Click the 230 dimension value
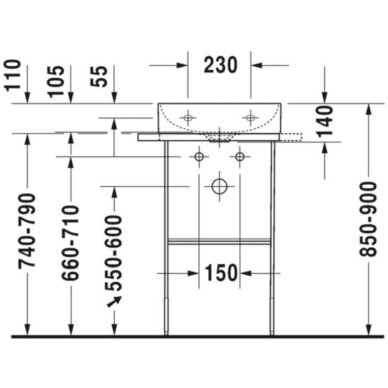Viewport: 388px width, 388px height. tap(220, 65)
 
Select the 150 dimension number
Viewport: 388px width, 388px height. tap(221, 273)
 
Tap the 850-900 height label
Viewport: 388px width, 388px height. tap(368, 219)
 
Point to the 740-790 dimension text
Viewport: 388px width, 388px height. tap(27, 231)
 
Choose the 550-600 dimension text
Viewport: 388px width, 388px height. tap(113, 253)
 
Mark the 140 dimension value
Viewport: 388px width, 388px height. tap(325, 121)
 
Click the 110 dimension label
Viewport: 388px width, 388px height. tap(13, 75)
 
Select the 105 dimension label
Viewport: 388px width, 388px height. tap(56, 81)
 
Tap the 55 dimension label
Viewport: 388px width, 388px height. tap(99, 76)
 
